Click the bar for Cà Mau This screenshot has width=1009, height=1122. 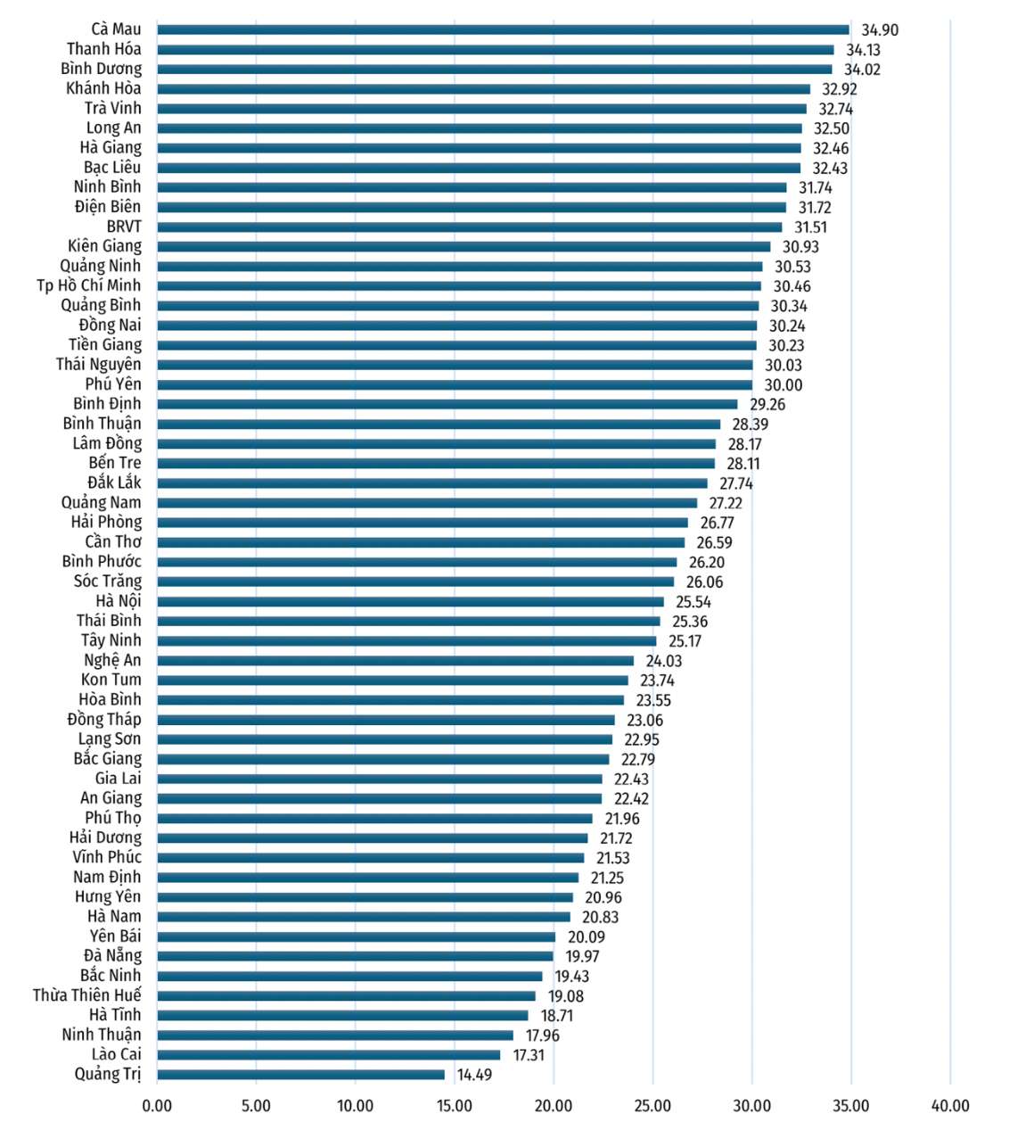[x=503, y=29]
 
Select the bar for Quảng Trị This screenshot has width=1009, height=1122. [x=301, y=1075]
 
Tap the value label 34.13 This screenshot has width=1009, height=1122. [x=863, y=50]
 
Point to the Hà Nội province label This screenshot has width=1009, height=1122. [x=119, y=601]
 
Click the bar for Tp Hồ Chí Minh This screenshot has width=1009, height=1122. [x=459, y=286]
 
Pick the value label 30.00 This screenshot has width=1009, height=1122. [x=783, y=385]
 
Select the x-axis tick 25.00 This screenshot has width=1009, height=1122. [x=652, y=1106]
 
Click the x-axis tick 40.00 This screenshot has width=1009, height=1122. [x=950, y=1106]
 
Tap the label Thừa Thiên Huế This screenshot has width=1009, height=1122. [x=87, y=995]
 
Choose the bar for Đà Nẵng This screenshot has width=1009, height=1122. [x=355, y=956]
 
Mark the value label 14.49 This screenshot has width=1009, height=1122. [x=474, y=1075]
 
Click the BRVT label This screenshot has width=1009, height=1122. [x=124, y=227]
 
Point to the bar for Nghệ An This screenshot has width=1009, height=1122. [x=396, y=661]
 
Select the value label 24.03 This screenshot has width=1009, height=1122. [x=664, y=661]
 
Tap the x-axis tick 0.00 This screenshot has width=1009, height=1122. [x=158, y=1106]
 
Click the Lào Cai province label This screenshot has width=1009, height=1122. [x=117, y=1054]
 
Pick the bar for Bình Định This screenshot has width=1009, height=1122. [x=447, y=404]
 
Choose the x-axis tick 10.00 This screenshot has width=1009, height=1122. [x=355, y=1106]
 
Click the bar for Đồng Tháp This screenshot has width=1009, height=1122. [x=386, y=720]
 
